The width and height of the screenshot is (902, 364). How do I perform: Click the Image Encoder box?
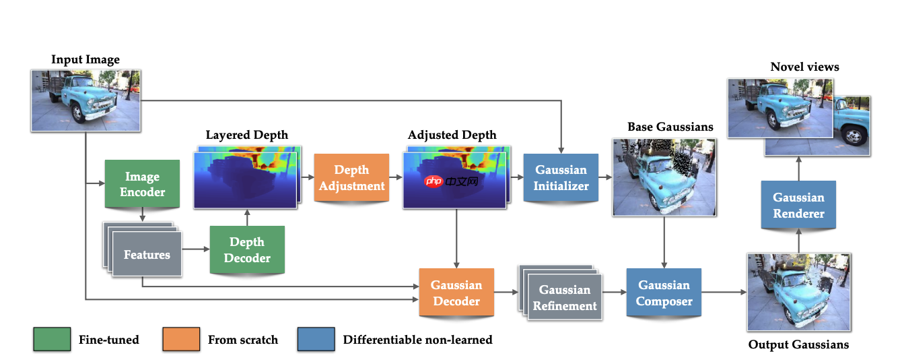click(142, 183)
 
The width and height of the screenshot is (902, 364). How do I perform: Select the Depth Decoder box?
click(247, 249)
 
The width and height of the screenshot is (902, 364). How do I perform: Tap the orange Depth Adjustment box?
click(351, 178)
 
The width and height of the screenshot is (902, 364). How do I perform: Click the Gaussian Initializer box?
click(561, 178)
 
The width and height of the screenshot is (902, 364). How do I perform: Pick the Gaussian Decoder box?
click(456, 293)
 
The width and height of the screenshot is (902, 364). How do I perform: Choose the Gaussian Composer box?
click(664, 293)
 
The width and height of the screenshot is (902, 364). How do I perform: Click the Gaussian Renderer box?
click(798, 206)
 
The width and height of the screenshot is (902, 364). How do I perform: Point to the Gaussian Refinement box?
click(564, 297)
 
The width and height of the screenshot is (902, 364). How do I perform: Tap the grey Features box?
click(147, 255)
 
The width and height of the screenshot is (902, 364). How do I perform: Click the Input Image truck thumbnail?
click(85, 99)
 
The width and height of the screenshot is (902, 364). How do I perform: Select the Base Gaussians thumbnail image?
click(664, 177)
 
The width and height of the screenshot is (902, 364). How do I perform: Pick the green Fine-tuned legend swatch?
click(52, 339)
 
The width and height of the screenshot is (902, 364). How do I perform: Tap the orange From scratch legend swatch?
click(181, 339)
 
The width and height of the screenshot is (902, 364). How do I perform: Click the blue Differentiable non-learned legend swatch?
click(316, 339)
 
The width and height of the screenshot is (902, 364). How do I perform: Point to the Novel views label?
click(804, 67)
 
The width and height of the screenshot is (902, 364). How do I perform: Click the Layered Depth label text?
click(246, 135)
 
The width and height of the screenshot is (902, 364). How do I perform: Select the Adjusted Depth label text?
click(452, 135)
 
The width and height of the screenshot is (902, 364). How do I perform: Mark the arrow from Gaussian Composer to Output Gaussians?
click(724, 293)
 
